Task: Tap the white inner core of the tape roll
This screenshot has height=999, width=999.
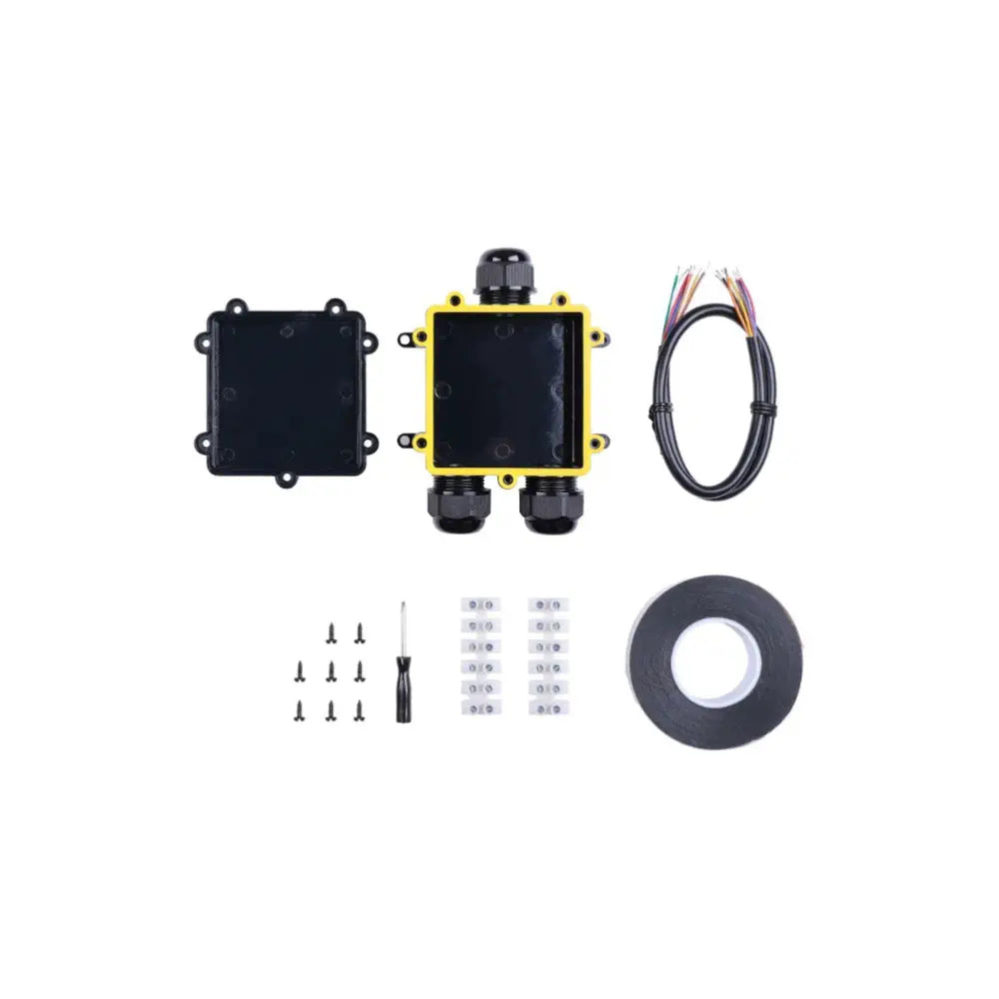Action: (x=714, y=660)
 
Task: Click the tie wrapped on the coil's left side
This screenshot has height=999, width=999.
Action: (x=659, y=411)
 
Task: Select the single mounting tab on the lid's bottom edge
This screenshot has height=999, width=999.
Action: (x=287, y=482)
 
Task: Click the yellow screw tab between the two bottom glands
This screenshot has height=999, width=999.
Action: (x=506, y=481)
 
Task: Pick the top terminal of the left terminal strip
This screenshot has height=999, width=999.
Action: (x=480, y=605)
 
